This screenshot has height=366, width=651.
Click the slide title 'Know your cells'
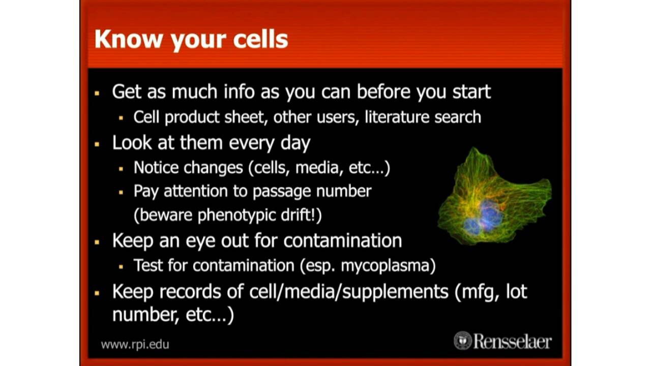tap(191, 40)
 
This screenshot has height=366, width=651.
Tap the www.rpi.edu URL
tap(135, 344)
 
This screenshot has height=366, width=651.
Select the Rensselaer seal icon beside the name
tap(462, 340)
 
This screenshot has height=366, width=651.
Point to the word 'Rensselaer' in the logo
tap(512, 341)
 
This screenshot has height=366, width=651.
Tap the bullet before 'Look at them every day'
tap(97, 144)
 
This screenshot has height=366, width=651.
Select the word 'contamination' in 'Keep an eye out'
tap(342, 240)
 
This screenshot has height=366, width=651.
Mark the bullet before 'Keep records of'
tap(97, 293)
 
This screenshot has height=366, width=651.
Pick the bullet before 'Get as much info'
tap(97, 94)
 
